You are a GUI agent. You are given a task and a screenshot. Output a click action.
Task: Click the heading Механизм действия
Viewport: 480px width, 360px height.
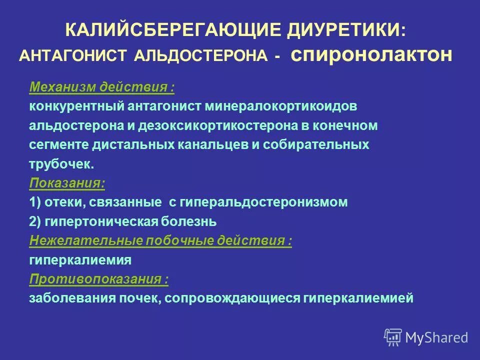102,87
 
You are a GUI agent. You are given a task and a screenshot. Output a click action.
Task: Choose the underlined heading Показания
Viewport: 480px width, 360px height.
67,183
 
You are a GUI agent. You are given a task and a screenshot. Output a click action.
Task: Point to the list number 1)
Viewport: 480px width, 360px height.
35,202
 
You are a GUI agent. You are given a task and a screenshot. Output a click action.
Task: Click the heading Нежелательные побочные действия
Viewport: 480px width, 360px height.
160,240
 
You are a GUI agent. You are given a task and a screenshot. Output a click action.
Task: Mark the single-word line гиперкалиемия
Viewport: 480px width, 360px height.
80,260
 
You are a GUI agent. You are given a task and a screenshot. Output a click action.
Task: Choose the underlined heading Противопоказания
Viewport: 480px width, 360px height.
98,279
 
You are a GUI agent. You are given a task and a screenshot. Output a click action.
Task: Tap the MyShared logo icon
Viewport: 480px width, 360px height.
393,337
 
